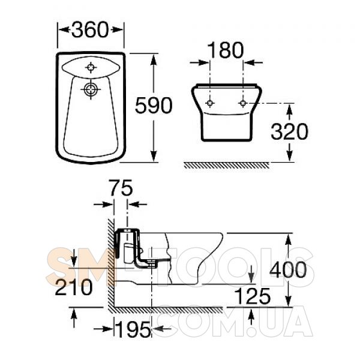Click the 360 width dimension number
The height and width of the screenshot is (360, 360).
coord(90,29)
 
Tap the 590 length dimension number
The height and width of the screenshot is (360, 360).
coord(154,106)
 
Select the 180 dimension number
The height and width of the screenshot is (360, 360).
coord(225,50)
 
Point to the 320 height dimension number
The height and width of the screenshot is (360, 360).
coord(289,131)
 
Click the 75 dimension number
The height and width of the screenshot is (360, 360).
coord(121,188)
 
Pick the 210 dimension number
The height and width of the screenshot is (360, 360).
coord(73,287)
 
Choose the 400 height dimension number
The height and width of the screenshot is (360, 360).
coord(288,269)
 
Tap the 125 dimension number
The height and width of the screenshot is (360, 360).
coord(253,296)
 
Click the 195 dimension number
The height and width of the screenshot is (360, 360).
coord(134,329)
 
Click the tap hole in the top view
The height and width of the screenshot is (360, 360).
coord(91,67)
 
